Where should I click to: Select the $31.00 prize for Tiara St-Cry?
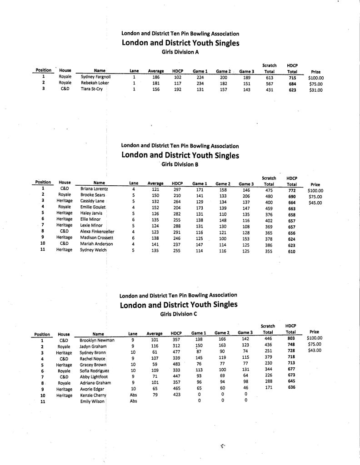315,90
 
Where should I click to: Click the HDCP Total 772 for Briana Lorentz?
292,190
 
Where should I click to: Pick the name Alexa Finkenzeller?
97,232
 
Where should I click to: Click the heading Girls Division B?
180,164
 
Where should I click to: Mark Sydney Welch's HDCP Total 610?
292,250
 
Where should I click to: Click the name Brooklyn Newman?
97,340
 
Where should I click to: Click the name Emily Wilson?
92,401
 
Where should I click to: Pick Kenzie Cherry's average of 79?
155,395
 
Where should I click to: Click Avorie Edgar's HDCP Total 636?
291,389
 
